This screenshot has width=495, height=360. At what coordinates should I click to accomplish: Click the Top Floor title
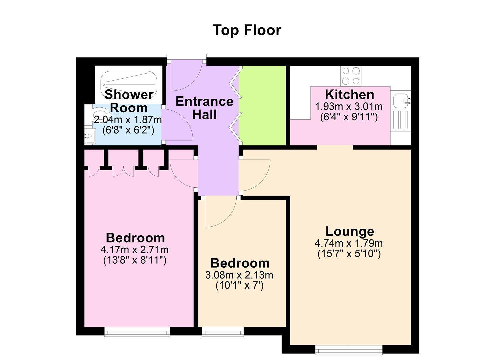(x=247, y=30)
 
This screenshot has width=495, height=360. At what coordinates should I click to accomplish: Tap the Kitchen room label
(x=349, y=95)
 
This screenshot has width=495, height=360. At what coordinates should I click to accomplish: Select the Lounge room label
(x=350, y=231)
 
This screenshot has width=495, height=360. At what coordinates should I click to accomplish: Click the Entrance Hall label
(x=204, y=108)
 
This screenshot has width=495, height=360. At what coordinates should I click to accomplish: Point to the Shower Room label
(x=129, y=101)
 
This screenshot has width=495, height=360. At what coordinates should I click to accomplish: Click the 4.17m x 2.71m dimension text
(x=135, y=250)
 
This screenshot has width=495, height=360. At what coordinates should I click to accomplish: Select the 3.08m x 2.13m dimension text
(x=239, y=275)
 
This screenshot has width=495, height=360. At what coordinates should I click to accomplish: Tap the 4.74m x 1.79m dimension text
(x=349, y=243)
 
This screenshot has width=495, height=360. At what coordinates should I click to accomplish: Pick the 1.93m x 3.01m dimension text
(x=349, y=107)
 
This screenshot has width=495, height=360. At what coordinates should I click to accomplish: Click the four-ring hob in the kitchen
(x=351, y=76)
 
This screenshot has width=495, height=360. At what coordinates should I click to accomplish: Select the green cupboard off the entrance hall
(x=262, y=105)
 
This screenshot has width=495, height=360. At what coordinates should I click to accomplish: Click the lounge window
(x=349, y=350)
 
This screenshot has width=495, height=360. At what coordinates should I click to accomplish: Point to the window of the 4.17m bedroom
(x=137, y=332)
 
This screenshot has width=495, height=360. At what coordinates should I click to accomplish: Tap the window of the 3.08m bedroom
(x=223, y=332)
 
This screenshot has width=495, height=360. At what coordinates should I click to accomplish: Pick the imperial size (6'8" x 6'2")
(x=128, y=130)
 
